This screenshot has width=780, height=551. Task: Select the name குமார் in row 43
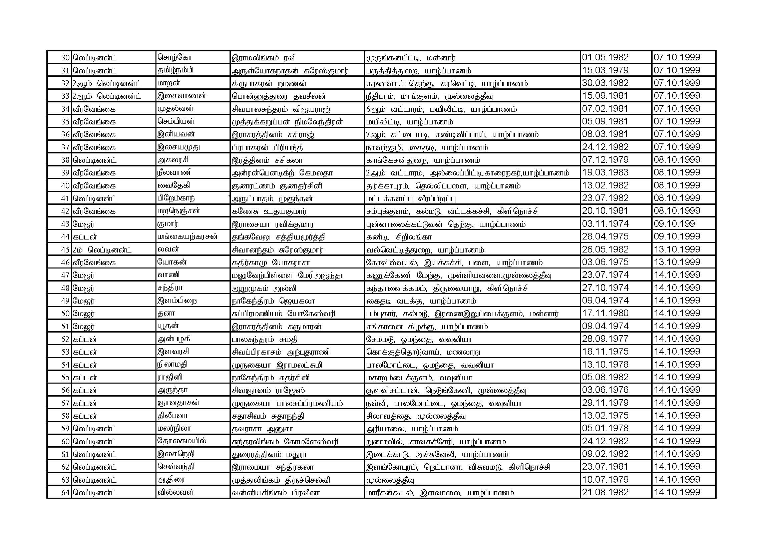tap(168, 224)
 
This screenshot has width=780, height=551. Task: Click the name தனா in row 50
tap(166, 313)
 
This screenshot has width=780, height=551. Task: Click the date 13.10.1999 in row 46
tap(677, 262)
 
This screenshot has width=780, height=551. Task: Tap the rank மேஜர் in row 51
tap(83, 327)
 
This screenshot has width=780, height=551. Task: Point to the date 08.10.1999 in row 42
tap(677, 211)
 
